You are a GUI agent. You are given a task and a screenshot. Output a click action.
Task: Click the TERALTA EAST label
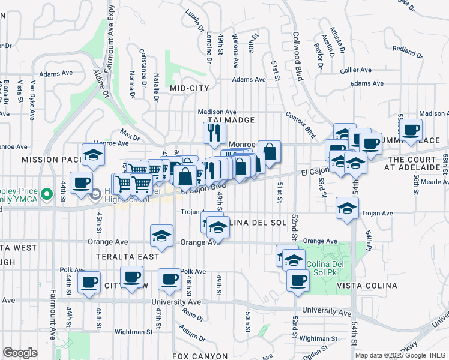click(130, 257)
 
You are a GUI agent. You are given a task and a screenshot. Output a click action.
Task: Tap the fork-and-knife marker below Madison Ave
click(214, 133)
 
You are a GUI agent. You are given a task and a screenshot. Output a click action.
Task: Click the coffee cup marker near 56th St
click(411, 130)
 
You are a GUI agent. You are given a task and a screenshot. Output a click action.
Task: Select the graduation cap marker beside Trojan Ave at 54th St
click(347, 208)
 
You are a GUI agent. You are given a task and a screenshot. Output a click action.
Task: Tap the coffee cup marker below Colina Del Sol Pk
click(297, 280)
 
